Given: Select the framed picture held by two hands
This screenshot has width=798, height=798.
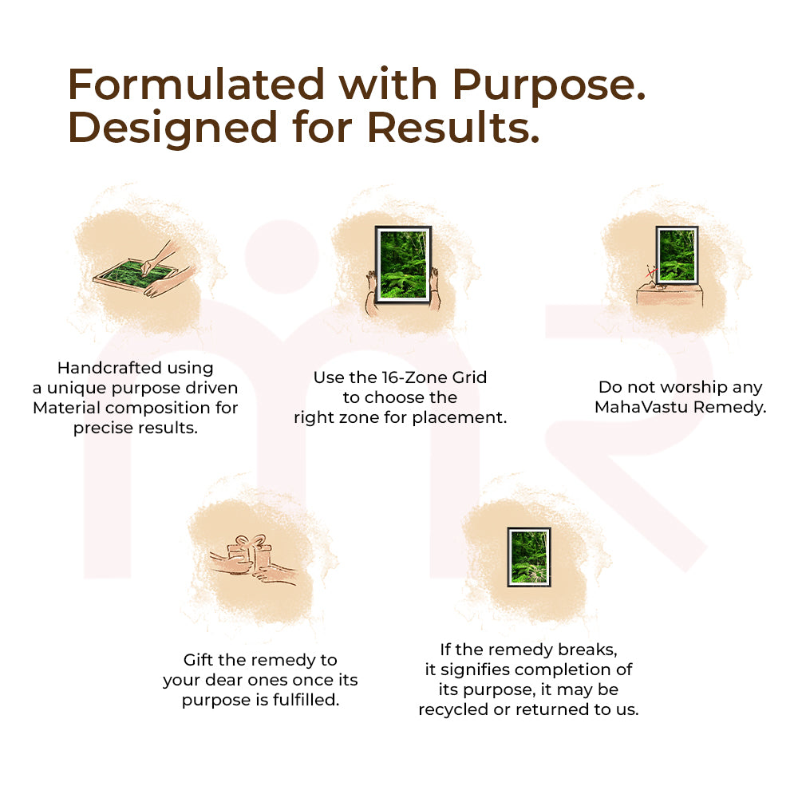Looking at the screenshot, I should click(x=402, y=263).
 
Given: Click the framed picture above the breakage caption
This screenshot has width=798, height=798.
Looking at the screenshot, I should click(x=530, y=557).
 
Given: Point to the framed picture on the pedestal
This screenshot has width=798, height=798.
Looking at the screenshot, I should click(x=677, y=255).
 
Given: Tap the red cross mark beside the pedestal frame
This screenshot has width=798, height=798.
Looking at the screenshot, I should click(x=651, y=271).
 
